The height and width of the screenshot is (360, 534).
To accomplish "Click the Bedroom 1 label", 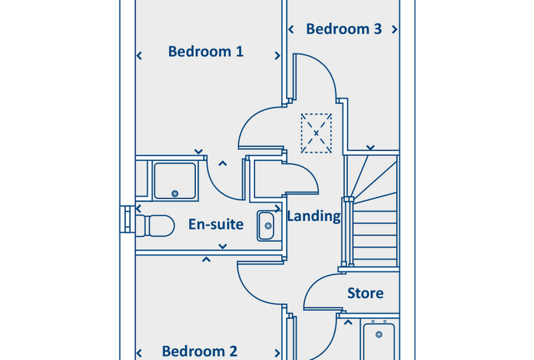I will click(206, 51).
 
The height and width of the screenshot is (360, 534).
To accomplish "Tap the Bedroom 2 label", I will click(200, 351).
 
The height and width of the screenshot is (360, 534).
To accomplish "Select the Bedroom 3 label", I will click(344, 29).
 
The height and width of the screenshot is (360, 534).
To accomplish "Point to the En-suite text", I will click(216, 224).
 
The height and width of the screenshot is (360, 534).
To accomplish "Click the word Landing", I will click(313, 216).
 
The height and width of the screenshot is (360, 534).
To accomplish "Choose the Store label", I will click(365, 292).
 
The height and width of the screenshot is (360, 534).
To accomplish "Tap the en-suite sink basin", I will click(267, 225).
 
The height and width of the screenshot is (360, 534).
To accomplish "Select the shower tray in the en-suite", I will click(175, 180).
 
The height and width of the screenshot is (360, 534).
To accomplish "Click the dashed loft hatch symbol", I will click(315, 133).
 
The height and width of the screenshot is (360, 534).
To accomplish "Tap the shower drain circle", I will click(175, 193).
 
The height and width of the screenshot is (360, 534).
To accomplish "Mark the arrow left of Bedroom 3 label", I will click(291, 30).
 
